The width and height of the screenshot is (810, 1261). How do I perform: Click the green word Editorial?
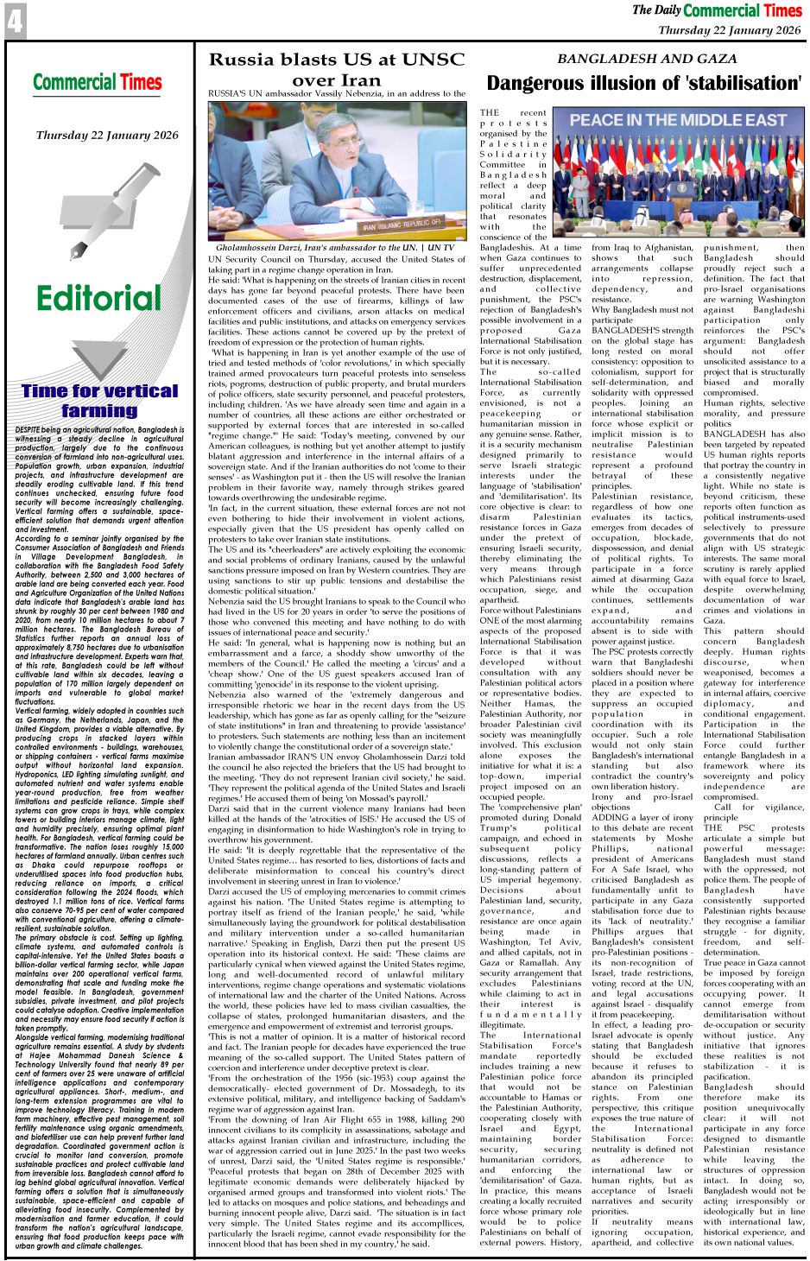[98, 298]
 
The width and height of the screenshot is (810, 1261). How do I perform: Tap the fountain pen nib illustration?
[75, 250]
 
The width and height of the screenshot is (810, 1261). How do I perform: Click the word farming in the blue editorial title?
[98, 411]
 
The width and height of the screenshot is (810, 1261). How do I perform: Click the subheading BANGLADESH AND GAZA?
[647, 59]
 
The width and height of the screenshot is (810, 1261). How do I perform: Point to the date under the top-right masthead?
[729, 30]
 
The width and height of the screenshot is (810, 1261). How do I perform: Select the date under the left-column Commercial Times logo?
[107, 136]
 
